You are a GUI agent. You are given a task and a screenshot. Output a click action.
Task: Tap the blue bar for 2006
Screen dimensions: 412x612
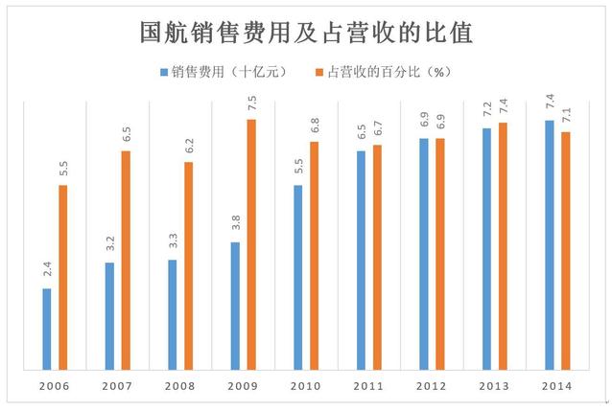tap(47, 329)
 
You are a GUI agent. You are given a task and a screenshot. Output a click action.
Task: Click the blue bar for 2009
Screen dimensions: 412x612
tap(235, 306)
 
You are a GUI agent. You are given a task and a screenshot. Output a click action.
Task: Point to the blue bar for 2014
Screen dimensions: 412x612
tap(549, 244)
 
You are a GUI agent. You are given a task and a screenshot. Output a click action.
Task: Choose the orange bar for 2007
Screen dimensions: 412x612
tap(126, 260)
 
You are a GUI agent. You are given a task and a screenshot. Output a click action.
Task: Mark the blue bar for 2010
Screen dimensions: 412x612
tap(298, 277)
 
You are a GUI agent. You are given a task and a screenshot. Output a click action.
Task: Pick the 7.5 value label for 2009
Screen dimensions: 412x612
tap(251, 102)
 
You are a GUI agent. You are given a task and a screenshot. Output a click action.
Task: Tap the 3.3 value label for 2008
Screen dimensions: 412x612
tap(173, 241)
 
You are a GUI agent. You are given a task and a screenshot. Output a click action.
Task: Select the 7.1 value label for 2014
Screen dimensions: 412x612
tap(565, 114)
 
